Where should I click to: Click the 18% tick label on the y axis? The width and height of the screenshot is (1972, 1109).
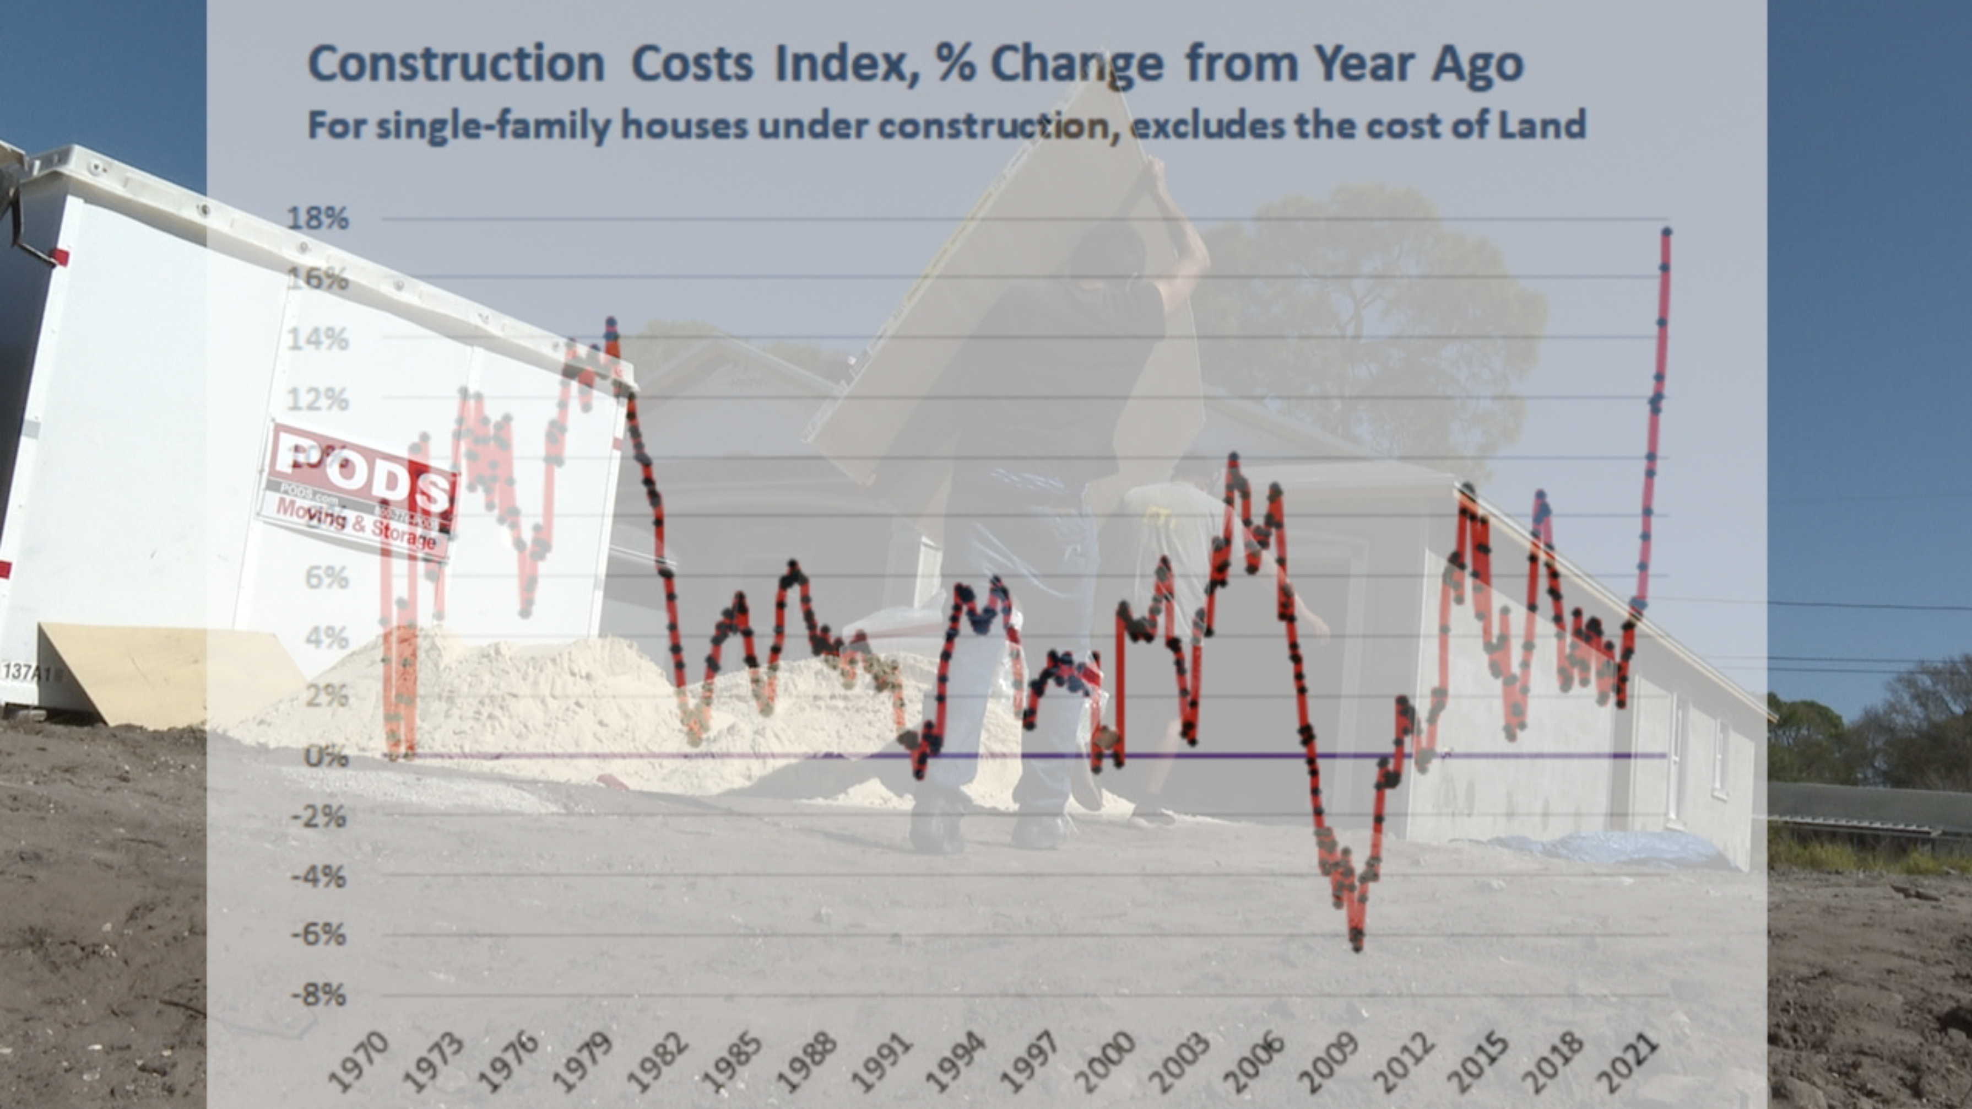[318, 219]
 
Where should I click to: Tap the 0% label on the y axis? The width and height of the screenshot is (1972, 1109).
[326, 757]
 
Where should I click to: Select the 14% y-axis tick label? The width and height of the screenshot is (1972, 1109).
[318, 338]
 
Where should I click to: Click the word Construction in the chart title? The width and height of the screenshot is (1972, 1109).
[456, 64]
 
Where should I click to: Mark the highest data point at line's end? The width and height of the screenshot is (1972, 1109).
[1666, 232]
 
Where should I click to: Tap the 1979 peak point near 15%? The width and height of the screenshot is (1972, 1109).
[611, 322]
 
